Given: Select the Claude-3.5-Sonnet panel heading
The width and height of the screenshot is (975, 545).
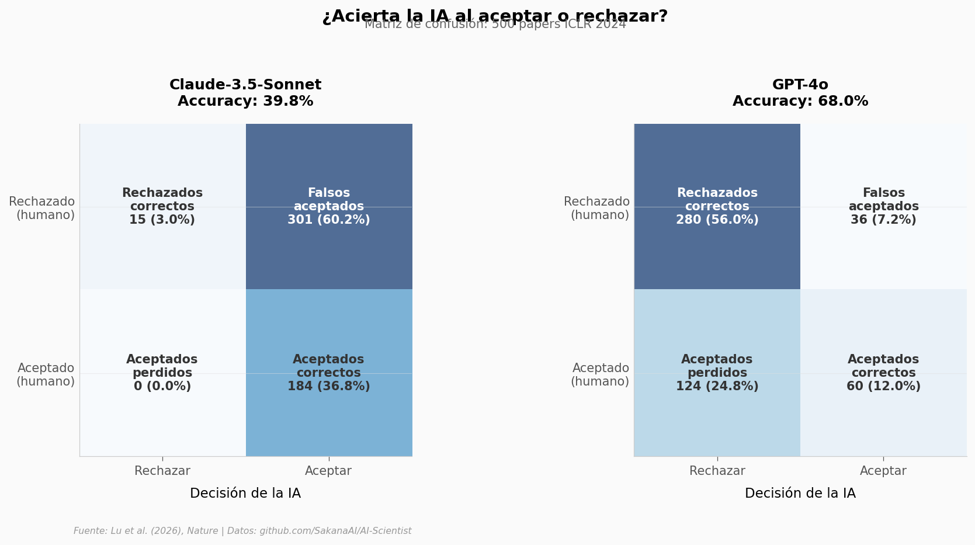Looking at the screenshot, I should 245,85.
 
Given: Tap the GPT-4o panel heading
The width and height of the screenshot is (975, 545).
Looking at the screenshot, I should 800,85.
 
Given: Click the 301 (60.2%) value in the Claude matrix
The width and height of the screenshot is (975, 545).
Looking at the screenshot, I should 328,220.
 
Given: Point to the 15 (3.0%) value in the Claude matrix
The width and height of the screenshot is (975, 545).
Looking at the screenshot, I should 162,220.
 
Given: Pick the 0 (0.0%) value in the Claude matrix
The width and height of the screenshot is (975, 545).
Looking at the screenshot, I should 162,387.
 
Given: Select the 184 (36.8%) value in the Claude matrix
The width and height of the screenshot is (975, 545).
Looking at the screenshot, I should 328,387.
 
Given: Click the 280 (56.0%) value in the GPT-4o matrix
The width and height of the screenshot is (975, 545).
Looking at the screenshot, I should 717,220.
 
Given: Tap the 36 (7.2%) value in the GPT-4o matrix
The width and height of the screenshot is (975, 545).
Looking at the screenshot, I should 883,220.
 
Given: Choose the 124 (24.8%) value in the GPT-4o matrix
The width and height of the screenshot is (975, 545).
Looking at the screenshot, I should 717,387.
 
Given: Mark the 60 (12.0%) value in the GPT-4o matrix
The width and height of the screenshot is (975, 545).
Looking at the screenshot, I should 883,387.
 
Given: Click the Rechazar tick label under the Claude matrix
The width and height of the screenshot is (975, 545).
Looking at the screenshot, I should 162,471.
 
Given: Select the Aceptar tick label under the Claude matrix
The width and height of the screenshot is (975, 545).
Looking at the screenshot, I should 328,471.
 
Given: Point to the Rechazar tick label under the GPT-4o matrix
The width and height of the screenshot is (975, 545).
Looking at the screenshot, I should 717,471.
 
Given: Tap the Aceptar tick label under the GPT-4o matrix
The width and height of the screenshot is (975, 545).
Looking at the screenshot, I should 883,471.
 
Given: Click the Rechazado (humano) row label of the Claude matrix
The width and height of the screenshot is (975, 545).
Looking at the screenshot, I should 42,209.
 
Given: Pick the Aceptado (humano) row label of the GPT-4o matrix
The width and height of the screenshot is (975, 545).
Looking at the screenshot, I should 600,375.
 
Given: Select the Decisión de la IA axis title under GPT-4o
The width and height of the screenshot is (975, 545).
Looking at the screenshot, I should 800,494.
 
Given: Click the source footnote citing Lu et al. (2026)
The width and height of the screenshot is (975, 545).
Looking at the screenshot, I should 242,531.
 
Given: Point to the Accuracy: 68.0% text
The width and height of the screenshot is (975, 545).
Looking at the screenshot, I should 800,102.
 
